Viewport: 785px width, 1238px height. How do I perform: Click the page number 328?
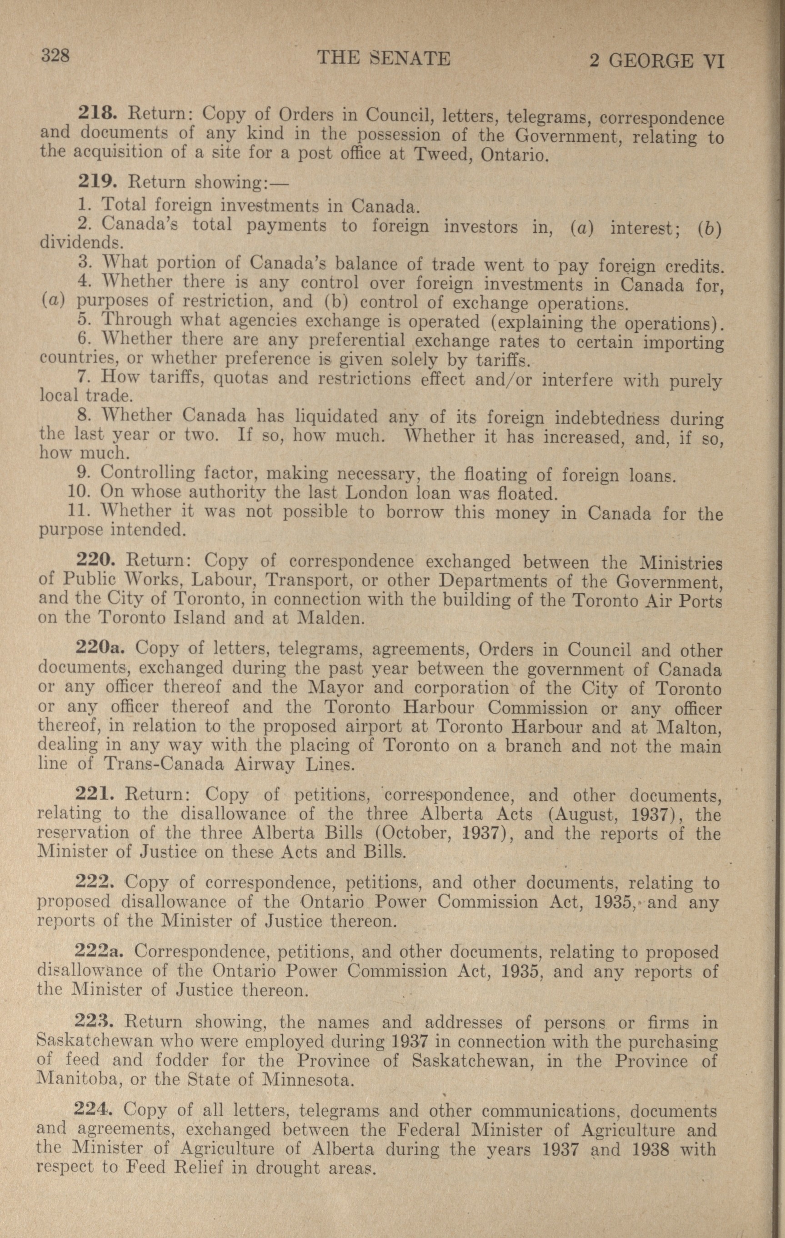[x=56, y=55]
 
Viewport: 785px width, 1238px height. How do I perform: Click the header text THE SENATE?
[x=384, y=58]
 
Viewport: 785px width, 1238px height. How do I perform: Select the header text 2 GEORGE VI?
[x=656, y=61]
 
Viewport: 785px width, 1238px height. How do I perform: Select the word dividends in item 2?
[x=81, y=241]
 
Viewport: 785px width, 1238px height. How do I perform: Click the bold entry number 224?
[x=95, y=1108]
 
